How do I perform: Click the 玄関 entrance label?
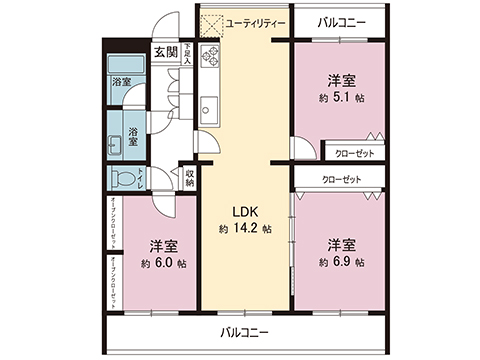pos(165,52)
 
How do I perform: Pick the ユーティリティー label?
pos(256,22)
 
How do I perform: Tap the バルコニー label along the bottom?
pos(244,332)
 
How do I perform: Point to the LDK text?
pos(246,212)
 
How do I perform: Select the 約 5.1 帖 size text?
pos(341,98)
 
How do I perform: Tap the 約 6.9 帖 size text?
pos(342,261)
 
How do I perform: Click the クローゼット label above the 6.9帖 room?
pos(339,180)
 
